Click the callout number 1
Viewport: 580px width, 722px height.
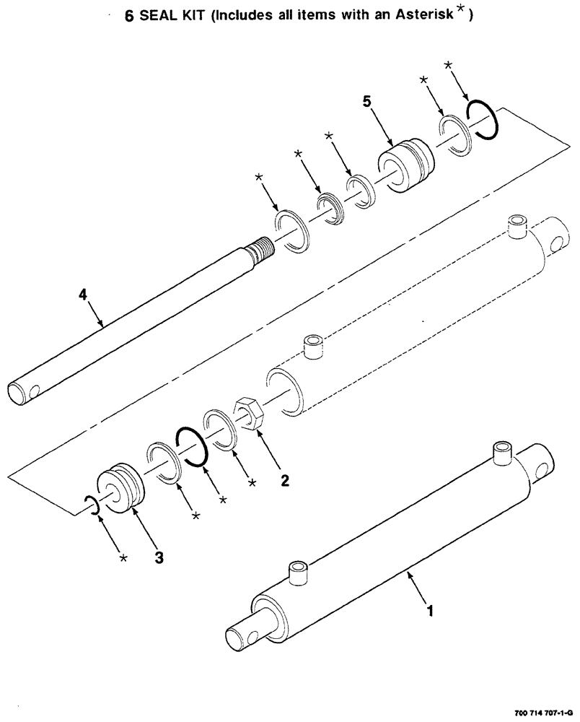(431, 612)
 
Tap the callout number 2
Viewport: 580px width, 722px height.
(286, 479)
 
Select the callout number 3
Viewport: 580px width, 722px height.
(159, 557)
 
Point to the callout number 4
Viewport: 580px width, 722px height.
(83, 294)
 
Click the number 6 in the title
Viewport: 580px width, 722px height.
(129, 19)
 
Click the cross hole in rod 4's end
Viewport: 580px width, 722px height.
(34, 391)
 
